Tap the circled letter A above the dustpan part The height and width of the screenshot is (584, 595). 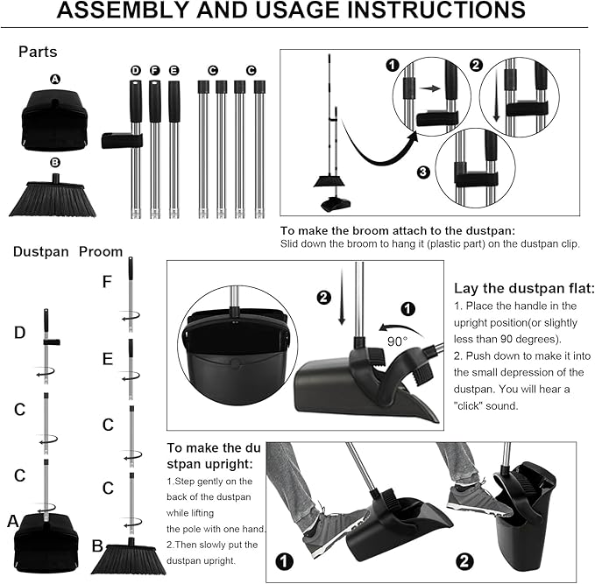(55, 79)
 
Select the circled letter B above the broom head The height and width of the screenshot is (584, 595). (55, 161)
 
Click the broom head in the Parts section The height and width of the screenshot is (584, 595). (53, 197)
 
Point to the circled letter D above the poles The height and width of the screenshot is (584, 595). (135, 70)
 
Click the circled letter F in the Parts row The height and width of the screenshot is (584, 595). (154, 70)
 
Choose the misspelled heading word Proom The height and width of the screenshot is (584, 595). (101, 251)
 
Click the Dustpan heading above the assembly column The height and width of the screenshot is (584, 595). (40, 251)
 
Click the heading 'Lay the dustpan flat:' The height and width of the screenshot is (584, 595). (524, 288)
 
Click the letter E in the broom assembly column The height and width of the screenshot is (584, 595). (107, 359)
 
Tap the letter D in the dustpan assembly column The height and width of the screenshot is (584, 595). (19, 333)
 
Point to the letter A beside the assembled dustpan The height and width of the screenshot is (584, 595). (13, 521)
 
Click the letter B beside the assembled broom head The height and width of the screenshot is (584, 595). (97, 545)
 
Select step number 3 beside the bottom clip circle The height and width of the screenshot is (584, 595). (423, 172)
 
